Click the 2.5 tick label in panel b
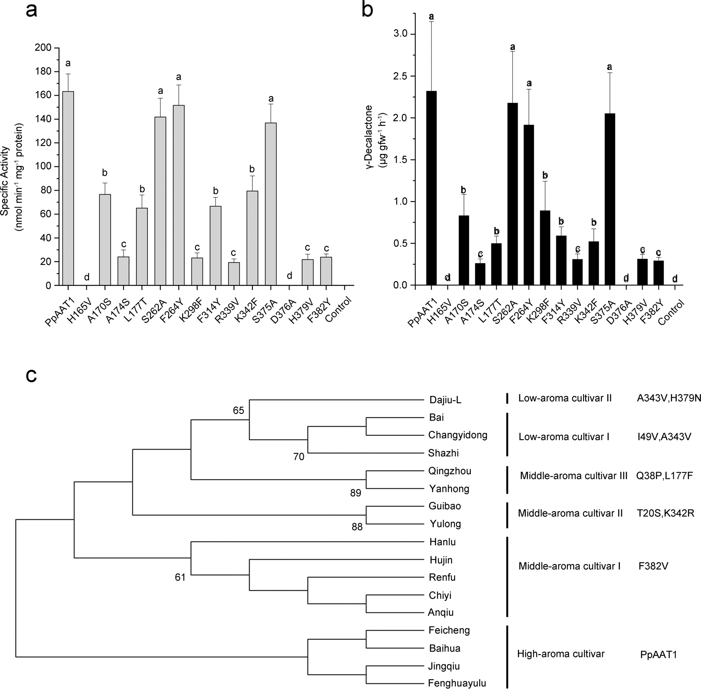coord(400,76)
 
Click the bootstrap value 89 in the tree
coord(355,493)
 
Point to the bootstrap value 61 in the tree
coord(180,578)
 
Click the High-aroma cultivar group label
coord(561,654)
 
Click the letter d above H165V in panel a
coord(87,278)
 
